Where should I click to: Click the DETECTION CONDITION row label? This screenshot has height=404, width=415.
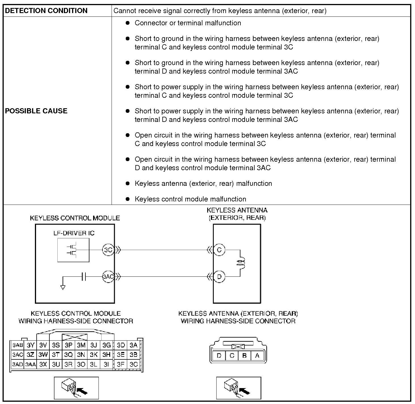click(x=46, y=11)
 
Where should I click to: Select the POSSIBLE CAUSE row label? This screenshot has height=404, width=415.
click(x=36, y=111)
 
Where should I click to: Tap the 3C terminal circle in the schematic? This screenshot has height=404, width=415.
click(x=108, y=250)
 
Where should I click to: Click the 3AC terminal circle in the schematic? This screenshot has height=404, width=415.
click(x=108, y=276)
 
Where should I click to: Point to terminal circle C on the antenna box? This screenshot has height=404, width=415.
click(x=219, y=250)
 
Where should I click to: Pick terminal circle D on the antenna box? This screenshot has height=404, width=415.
click(x=219, y=276)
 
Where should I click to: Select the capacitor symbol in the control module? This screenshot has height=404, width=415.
click(x=83, y=276)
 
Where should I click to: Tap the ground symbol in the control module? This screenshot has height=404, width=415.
click(x=63, y=287)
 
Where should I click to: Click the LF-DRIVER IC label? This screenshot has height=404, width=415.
click(x=74, y=233)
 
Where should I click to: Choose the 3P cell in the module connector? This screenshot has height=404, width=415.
click(x=68, y=345)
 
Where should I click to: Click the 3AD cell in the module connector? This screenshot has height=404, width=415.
click(x=17, y=364)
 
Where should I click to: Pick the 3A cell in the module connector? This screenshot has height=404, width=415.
click(x=133, y=345)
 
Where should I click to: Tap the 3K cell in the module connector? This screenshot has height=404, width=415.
click(x=94, y=355)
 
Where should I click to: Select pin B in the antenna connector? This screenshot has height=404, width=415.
click(x=244, y=355)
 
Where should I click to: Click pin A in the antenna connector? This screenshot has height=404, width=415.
click(x=257, y=355)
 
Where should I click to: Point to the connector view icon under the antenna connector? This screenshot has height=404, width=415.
click(x=238, y=388)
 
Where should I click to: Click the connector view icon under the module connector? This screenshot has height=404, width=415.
click(x=76, y=388)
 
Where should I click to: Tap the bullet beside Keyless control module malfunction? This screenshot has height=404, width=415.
click(x=128, y=199)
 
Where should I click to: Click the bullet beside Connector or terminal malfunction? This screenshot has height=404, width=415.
click(x=128, y=23)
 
